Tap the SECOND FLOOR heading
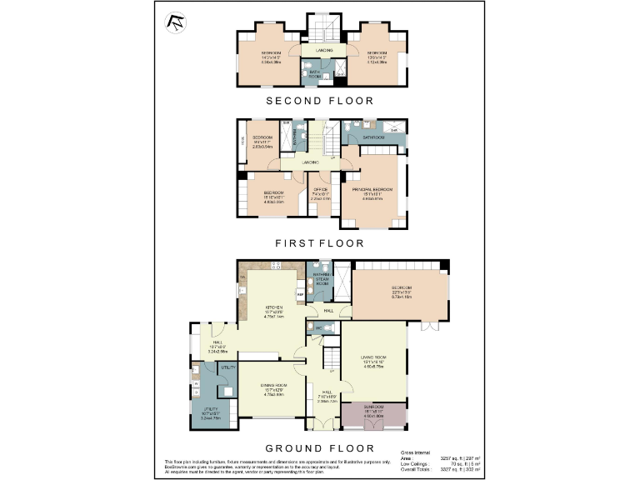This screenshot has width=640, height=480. (319, 100)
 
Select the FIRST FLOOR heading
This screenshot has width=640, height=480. (319, 243)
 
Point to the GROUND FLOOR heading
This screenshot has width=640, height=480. (319, 447)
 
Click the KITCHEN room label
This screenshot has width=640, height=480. (276, 307)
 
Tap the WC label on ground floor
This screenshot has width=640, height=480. (317, 328)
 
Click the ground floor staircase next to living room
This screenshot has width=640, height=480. (331, 356)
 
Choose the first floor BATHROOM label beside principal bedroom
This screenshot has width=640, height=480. (372, 137)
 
